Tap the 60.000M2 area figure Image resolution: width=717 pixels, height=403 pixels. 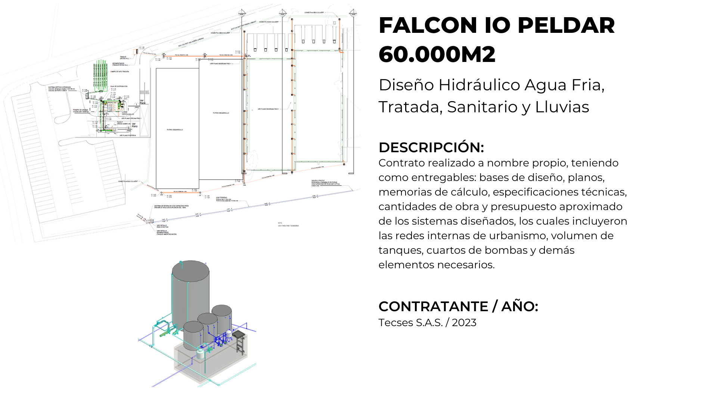[437, 54]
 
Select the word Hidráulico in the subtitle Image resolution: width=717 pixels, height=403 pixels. [479, 85]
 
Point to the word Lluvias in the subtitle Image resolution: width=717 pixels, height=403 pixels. [562, 107]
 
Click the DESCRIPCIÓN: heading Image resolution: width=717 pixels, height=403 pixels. [431, 147]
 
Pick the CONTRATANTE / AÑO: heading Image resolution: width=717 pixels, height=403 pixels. [458, 306]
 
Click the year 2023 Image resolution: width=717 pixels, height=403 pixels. [464, 323]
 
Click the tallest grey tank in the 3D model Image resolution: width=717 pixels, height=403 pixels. [190, 291]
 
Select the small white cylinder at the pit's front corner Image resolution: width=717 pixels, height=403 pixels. [201, 353]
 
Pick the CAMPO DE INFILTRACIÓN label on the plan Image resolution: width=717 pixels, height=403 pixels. [119, 72]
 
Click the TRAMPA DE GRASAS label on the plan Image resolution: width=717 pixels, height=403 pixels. [81, 110]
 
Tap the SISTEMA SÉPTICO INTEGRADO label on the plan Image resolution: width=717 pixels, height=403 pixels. [59, 87]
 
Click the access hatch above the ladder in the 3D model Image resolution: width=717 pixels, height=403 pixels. [239, 333]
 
